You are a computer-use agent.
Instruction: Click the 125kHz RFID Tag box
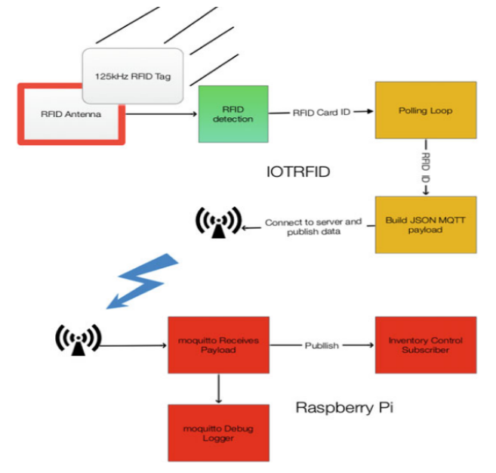pos(133,76)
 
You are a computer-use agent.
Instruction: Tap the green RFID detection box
pos(233,114)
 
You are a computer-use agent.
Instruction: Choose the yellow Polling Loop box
pos(426,110)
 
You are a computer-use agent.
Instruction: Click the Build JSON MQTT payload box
pos(426,224)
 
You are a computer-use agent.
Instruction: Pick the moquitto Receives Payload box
pos(219,345)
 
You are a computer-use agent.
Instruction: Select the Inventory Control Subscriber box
pos(426,345)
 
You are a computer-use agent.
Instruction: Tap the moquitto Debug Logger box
pos(219,433)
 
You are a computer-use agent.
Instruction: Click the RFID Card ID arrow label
pos(322,113)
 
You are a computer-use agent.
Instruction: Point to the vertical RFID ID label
pos(426,168)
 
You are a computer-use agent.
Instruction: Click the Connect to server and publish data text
pos(313,227)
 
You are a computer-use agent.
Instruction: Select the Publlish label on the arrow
pos(322,345)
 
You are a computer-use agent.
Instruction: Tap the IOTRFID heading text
pos(298,172)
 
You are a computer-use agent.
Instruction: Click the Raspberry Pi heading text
pos(344,407)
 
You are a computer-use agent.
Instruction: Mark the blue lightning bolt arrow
pos(143,281)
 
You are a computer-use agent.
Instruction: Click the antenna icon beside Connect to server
pos(219,222)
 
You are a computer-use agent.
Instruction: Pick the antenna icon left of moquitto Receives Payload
pos(78,340)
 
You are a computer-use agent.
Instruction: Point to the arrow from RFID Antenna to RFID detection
pos(162,114)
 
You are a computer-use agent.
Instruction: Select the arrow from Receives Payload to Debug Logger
pos(219,389)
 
